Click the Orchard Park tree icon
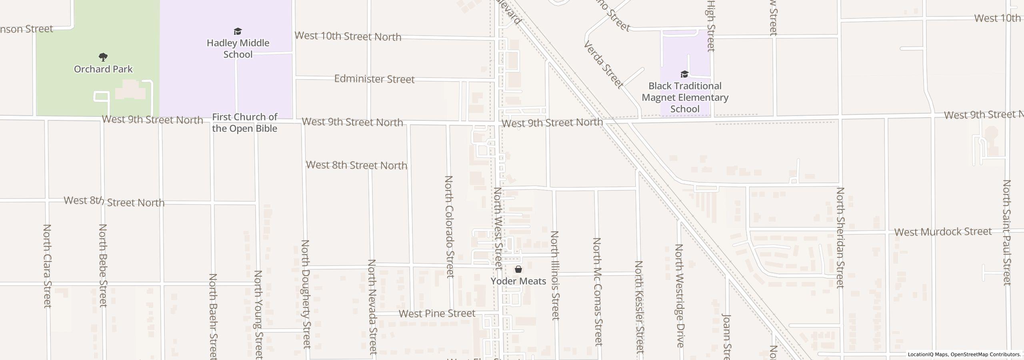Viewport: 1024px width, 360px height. (103, 57)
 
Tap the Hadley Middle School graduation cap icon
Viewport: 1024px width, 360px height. (238, 32)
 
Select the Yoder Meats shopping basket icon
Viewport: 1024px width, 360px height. (518, 270)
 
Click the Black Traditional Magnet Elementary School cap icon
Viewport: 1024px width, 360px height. (684, 74)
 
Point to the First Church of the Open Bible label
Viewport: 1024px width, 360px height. (244, 123)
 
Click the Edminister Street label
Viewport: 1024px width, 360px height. (374, 79)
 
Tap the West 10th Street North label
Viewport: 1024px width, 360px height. (348, 36)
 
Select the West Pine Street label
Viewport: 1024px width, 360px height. (437, 314)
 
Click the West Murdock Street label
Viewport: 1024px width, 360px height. (943, 232)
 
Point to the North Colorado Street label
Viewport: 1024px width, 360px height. (450, 226)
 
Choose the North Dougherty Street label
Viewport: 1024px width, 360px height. (306, 294)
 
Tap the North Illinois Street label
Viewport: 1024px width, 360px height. (555, 275)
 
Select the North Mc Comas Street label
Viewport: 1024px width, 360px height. (597, 291)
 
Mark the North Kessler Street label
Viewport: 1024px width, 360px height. (639, 306)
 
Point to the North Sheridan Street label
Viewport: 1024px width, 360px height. (840, 238)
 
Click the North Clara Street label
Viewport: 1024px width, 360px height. (47, 266)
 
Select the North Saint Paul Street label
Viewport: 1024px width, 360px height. (1007, 232)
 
